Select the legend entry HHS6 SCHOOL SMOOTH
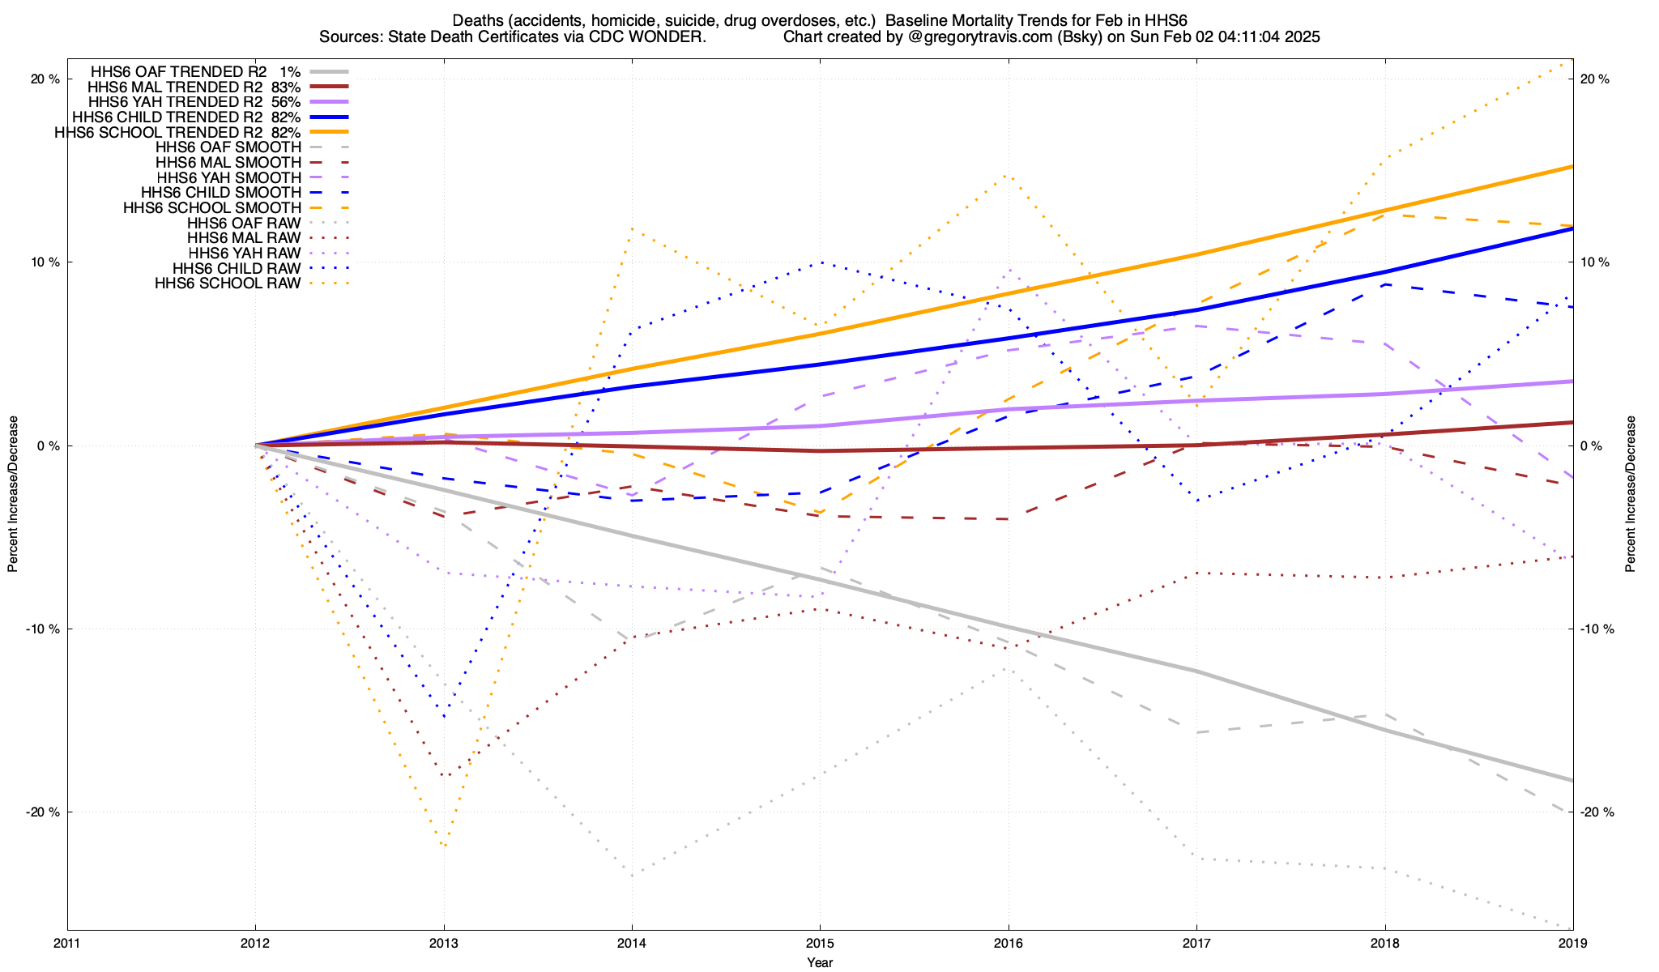(212, 208)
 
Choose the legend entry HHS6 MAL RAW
(244, 238)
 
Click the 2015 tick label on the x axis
(820, 943)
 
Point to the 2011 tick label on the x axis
(67, 943)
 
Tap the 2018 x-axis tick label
(1384, 943)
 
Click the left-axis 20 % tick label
(45, 79)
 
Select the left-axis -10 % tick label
(43, 629)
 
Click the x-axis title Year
(820, 962)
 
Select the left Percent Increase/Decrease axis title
(13, 494)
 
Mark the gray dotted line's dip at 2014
(632, 875)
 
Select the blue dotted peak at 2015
(821, 262)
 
